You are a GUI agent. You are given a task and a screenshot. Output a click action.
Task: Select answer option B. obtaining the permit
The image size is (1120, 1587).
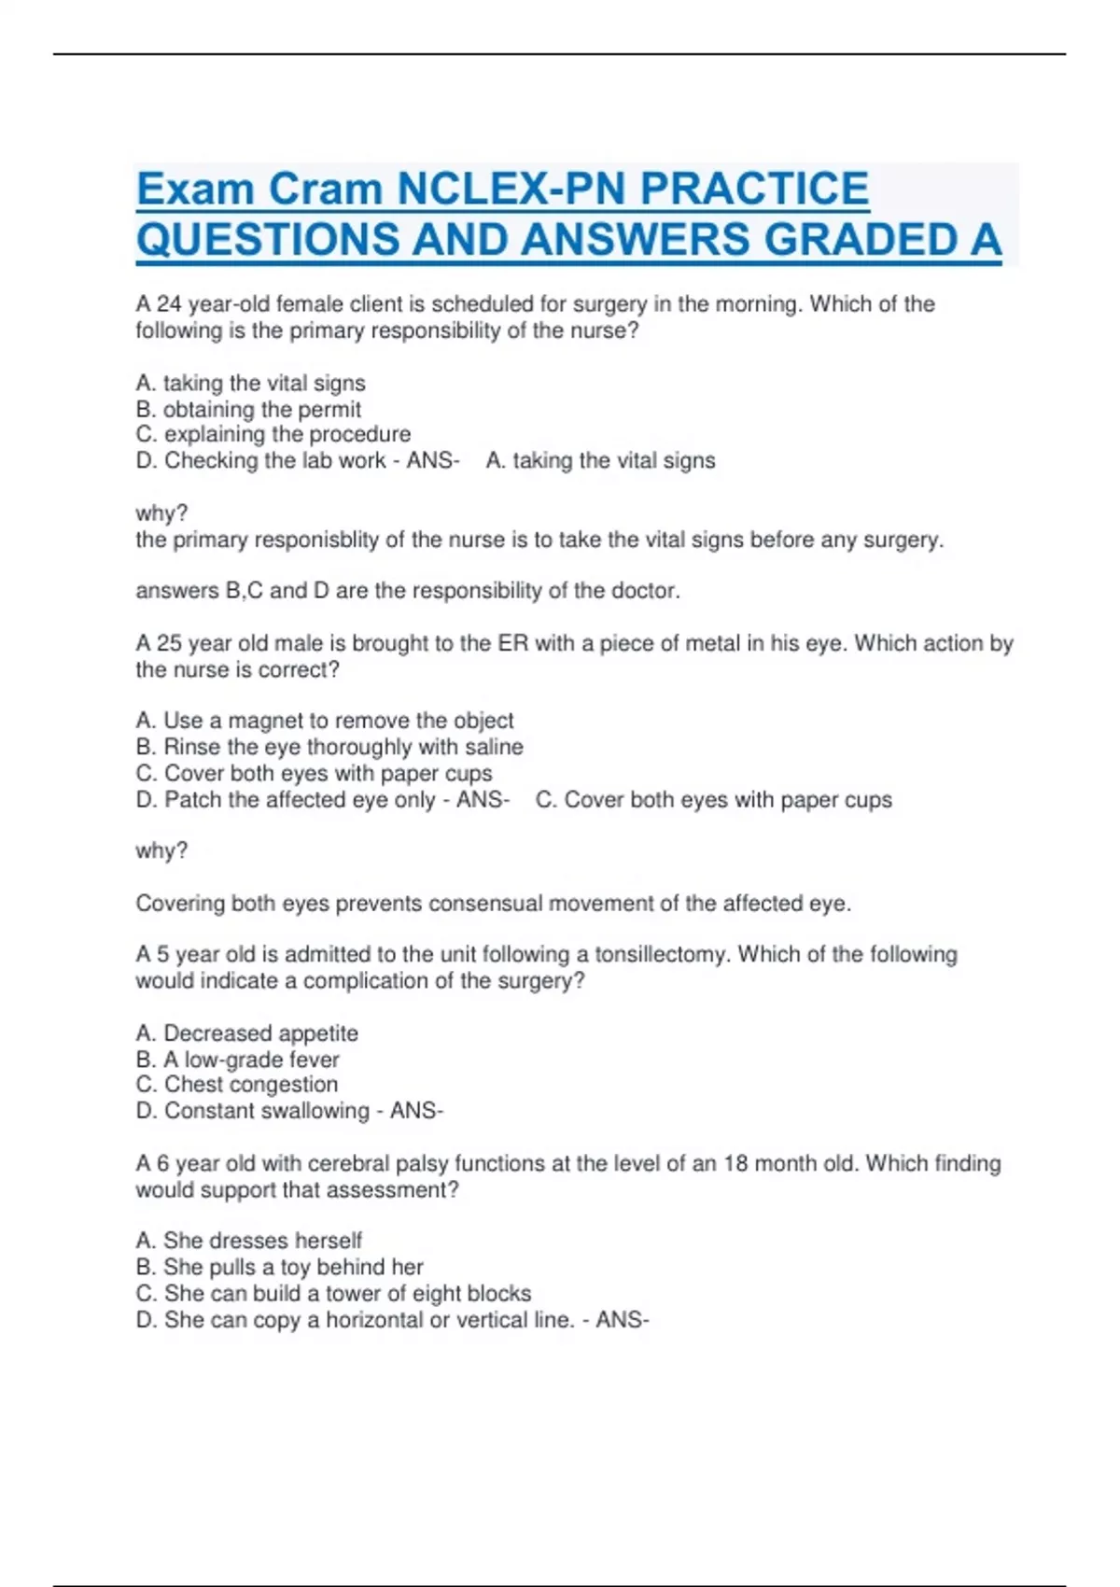[248, 409]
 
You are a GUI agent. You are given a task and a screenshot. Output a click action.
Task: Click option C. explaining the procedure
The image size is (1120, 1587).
[273, 434]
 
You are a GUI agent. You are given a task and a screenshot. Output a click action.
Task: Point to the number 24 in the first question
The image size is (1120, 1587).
[169, 304]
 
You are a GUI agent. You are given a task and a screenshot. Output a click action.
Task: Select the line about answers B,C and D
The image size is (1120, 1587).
[407, 591]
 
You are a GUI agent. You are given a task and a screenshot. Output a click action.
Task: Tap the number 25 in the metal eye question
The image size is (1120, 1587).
[169, 643]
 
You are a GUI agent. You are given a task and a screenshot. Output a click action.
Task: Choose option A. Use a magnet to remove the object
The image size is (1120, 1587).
[324, 721]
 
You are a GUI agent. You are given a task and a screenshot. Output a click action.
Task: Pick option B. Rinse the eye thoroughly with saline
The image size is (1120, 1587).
[329, 747]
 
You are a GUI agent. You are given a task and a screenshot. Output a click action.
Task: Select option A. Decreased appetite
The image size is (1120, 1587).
[246, 1033]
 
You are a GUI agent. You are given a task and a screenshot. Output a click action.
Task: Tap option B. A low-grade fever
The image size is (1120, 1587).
[237, 1060]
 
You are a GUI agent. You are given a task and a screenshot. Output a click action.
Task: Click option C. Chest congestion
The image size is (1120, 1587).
[236, 1085]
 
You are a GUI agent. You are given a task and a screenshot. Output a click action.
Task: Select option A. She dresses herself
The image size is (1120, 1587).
[248, 1241]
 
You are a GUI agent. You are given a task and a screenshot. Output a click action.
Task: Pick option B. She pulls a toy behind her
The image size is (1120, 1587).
[279, 1267]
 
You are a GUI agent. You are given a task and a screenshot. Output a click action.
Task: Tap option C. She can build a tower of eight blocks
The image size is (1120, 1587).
[333, 1293]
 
